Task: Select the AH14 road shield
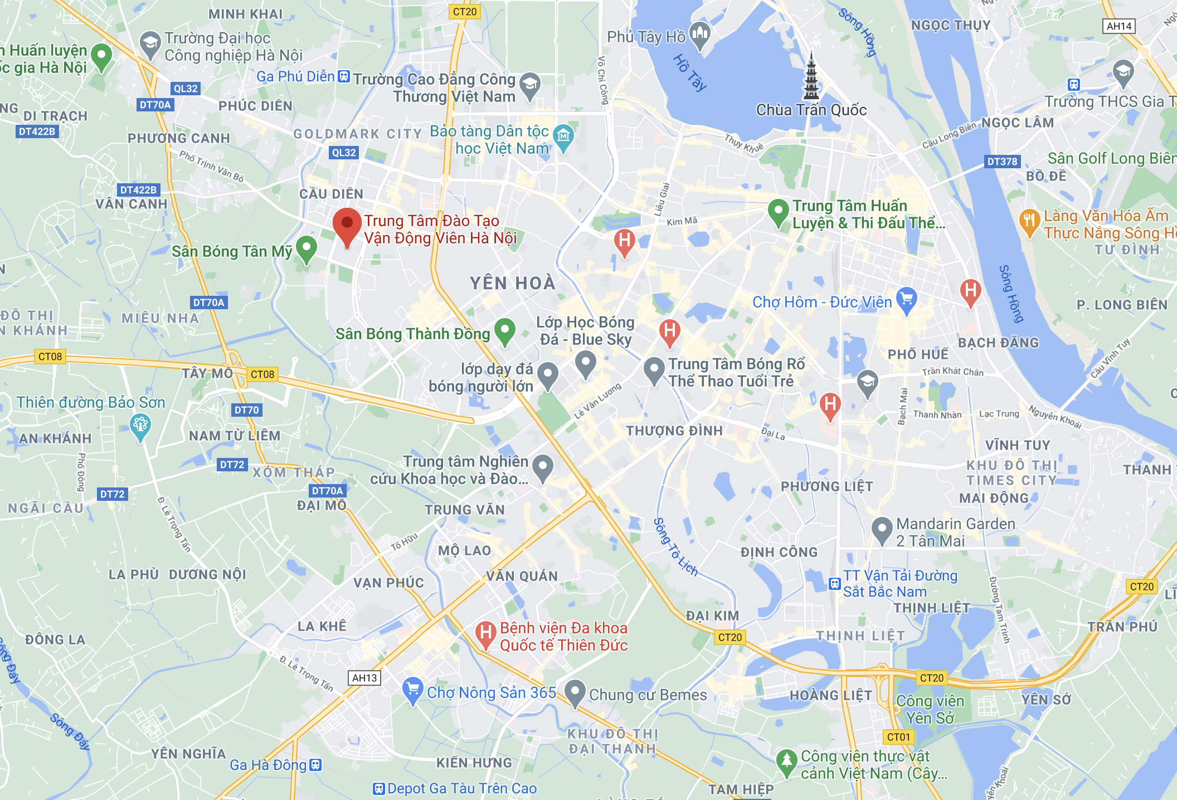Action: [1119, 26]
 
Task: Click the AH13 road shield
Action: [364, 678]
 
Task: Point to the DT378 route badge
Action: [1002, 162]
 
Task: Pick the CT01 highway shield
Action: [898, 737]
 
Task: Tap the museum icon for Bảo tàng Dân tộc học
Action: [563, 136]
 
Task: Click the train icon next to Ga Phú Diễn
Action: [344, 76]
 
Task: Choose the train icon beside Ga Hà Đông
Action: [315, 765]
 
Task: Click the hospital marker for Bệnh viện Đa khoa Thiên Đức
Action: [485, 633]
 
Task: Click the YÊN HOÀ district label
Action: [512, 283]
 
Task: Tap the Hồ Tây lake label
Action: [690, 72]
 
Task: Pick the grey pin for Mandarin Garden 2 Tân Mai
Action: [881, 529]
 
